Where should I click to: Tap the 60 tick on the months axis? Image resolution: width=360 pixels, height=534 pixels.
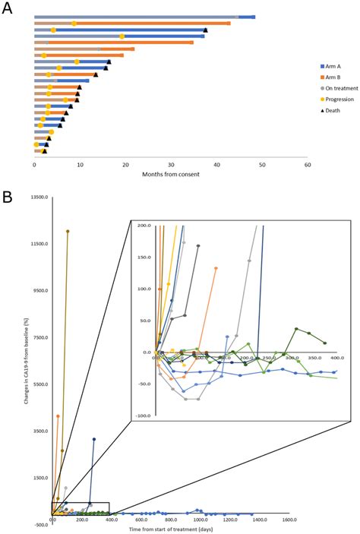[307, 163]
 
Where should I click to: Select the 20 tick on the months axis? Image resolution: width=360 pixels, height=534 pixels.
[125, 163]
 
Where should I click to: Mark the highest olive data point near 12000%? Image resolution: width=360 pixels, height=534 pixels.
[68, 231]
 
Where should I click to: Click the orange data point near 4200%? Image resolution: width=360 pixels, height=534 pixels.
[58, 416]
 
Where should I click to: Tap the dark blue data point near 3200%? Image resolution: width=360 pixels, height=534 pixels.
[94, 439]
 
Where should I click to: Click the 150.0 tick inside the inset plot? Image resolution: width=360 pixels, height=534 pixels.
[142, 257]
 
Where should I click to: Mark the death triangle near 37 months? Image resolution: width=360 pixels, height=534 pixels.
[205, 30]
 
